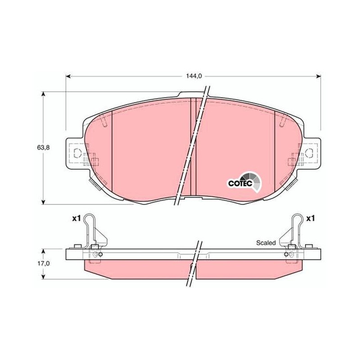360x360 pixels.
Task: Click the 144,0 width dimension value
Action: pyautogui.click(x=194, y=76)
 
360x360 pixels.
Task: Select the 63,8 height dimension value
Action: pyautogui.click(x=43, y=148)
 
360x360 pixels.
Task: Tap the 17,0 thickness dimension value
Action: pyautogui.click(x=43, y=263)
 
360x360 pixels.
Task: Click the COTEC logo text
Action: pyautogui.click(x=240, y=184)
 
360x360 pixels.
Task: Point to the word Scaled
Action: pyautogui.click(x=266, y=243)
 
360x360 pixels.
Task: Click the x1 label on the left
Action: pyautogui.click(x=76, y=219)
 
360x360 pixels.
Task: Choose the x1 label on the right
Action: pyautogui.click(x=310, y=219)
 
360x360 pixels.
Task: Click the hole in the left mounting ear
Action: pyautogui.click(x=77, y=153)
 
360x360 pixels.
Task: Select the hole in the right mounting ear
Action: pyautogui.click(x=309, y=153)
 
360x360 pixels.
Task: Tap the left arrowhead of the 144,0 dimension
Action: pyautogui.click(x=68, y=76)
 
